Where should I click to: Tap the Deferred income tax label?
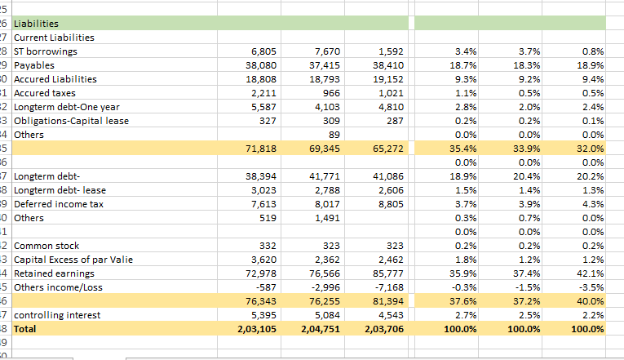pos(57,204)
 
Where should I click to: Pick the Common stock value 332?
pos(270,246)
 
